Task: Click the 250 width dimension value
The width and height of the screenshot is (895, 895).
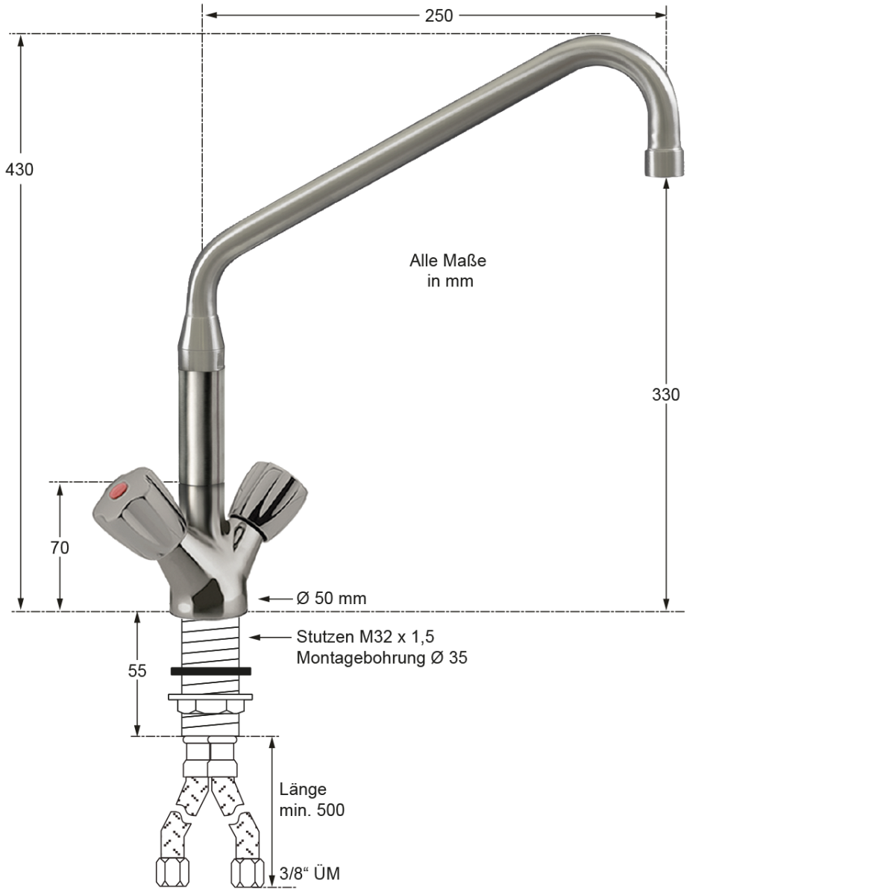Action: point(439,16)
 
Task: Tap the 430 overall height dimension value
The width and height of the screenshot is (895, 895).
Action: point(19,169)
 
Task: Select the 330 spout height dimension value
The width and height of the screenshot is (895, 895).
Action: point(665,395)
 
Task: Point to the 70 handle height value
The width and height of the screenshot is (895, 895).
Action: point(60,548)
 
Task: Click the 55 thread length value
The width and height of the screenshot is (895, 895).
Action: point(137,671)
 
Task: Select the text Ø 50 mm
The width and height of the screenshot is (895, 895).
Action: point(331,598)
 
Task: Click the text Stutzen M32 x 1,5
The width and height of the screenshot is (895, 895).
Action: point(365,637)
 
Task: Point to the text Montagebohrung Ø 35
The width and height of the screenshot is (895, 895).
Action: point(382,658)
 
